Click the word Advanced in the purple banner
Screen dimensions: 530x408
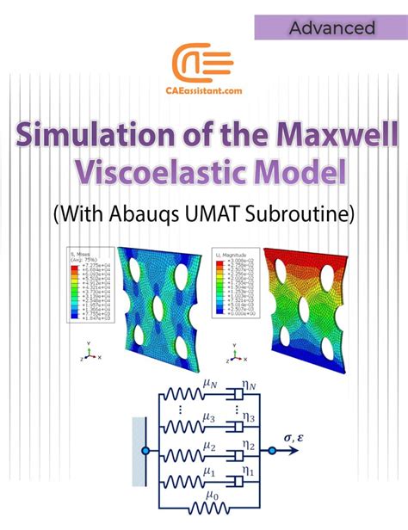[331, 28]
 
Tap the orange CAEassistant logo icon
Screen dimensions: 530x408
[203, 65]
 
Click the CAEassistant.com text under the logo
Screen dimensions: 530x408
[203, 96]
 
